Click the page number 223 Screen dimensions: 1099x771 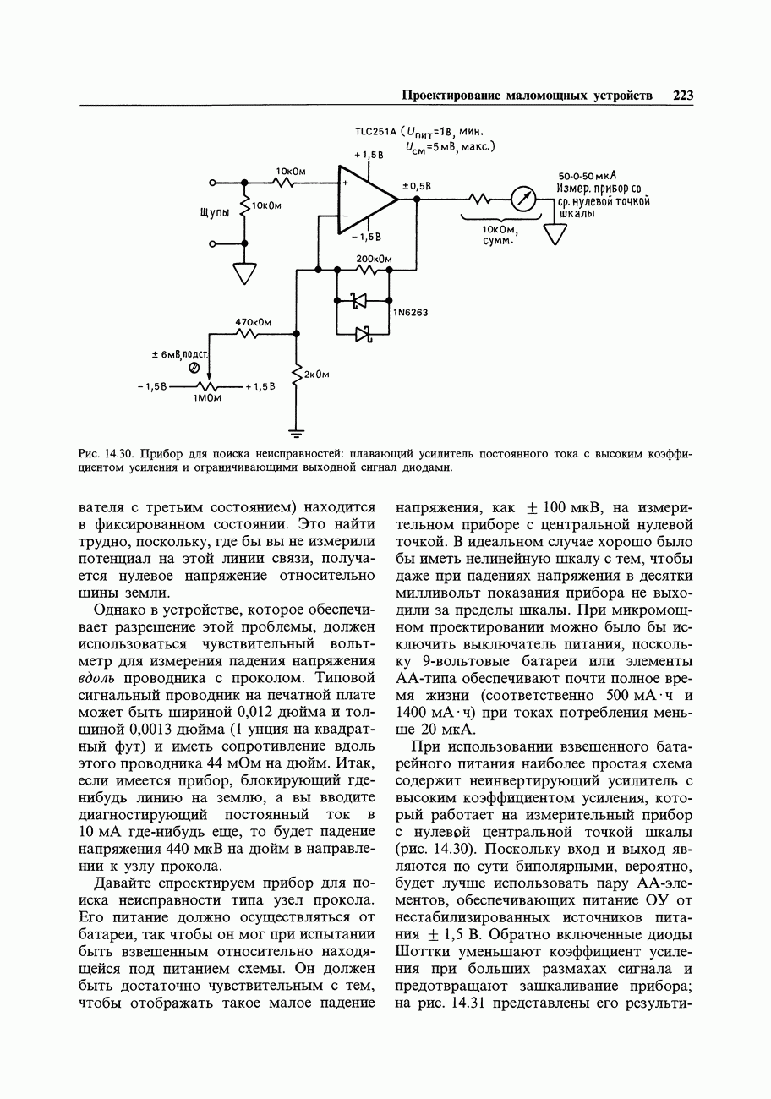coord(683,96)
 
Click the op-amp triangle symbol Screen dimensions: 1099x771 coord(364,199)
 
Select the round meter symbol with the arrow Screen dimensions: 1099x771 coord(524,200)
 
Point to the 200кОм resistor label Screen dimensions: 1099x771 coord(374,259)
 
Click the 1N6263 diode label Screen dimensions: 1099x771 coord(411,313)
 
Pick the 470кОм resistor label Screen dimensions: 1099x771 coord(253,322)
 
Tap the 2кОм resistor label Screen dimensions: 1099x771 coord(316,375)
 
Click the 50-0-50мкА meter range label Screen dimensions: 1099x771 coord(587,176)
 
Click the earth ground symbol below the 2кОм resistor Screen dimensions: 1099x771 coord(296,435)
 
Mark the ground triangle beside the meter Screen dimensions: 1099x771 coord(555,234)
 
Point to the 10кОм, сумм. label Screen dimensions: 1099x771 coord(500,235)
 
